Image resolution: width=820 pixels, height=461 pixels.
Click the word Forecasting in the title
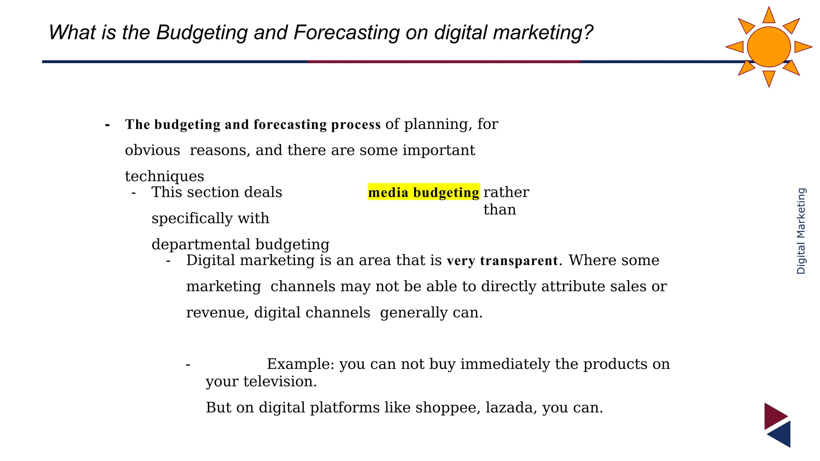tap(346, 33)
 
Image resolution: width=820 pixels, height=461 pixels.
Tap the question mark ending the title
tap(588, 32)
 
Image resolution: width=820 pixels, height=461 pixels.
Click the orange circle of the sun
tap(769, 47)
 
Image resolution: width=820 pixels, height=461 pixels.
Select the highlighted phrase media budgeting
tap(424, 192)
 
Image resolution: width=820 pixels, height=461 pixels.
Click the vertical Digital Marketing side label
tap(801, 231)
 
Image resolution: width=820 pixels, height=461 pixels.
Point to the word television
tap(280, 381)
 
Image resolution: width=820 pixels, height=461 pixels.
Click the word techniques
tap(165, 176)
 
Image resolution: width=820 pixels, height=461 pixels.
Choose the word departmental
tap(201, 245)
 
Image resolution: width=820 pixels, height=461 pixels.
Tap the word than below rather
tap(500, 210)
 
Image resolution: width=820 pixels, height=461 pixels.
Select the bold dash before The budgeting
tap(107, 125)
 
